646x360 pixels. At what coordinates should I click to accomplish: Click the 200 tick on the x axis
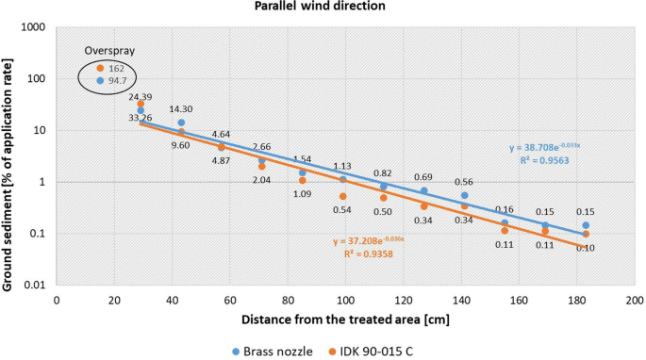pyautogui.click(x=635, y=299)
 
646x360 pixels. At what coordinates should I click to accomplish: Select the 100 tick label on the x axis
pyautogui.click(x=346, y=299)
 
